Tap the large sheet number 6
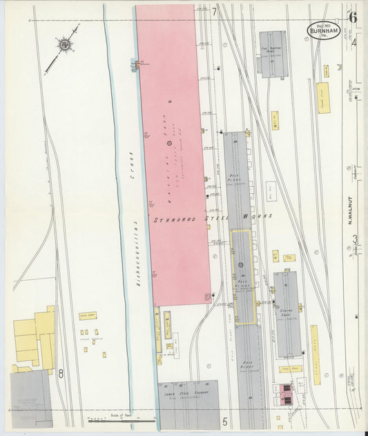pos(352,17)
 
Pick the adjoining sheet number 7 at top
pos(215,11)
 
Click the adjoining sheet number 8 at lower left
pos(61,374)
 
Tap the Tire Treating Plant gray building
pos(272,54)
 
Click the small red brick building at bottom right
pos(284,395)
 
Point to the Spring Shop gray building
pos(287,313)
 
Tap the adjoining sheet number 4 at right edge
pos(354,43)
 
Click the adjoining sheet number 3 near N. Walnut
pos(355,239)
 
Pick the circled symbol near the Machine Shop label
pos(170,142)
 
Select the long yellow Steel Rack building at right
pos(315,355)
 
